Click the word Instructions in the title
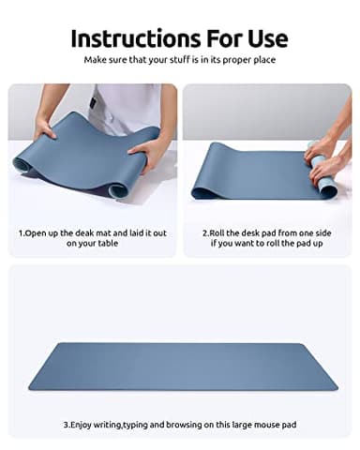pyautogui.click(x=126, y=38)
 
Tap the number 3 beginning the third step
pyautogui.click(x=66, y=423)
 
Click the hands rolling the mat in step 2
pyautogui.click(x=324, y=159)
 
